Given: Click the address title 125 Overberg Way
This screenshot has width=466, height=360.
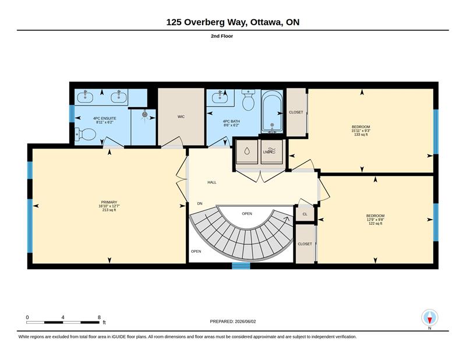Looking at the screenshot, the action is [206, 22].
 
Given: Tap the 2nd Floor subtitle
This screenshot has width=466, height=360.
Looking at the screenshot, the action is [222, 36].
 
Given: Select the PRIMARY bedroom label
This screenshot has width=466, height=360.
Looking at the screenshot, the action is [109, 202].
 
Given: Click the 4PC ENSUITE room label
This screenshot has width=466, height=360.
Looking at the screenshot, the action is [105, 118].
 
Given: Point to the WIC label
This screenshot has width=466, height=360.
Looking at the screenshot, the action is [181, 117].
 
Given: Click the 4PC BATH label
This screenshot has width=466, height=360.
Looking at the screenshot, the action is [231, 121].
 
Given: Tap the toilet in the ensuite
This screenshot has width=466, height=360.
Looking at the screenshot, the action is [85, 134].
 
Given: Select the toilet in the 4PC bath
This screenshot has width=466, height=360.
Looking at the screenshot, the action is [248, 100].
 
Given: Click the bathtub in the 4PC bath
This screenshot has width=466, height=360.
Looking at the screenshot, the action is [272, 111].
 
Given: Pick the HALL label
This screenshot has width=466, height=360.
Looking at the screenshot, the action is [212, 182].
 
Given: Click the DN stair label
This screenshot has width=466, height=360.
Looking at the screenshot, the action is [200, 204].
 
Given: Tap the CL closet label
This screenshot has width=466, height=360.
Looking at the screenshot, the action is [305, 214].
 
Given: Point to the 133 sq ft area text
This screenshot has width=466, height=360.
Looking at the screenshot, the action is [361, 135].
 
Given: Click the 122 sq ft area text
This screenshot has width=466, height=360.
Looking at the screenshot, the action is [375, 223].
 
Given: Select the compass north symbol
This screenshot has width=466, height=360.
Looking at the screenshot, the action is [429, 318].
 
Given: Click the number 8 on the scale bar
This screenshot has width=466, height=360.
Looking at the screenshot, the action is [99, 317].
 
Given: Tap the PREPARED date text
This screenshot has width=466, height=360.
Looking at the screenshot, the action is [233, 322].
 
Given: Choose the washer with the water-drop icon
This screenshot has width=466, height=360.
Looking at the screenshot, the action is [246, 151].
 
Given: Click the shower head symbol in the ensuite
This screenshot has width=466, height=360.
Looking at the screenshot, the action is [144, 114].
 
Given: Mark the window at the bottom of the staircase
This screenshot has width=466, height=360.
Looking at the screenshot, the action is [241, 266].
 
